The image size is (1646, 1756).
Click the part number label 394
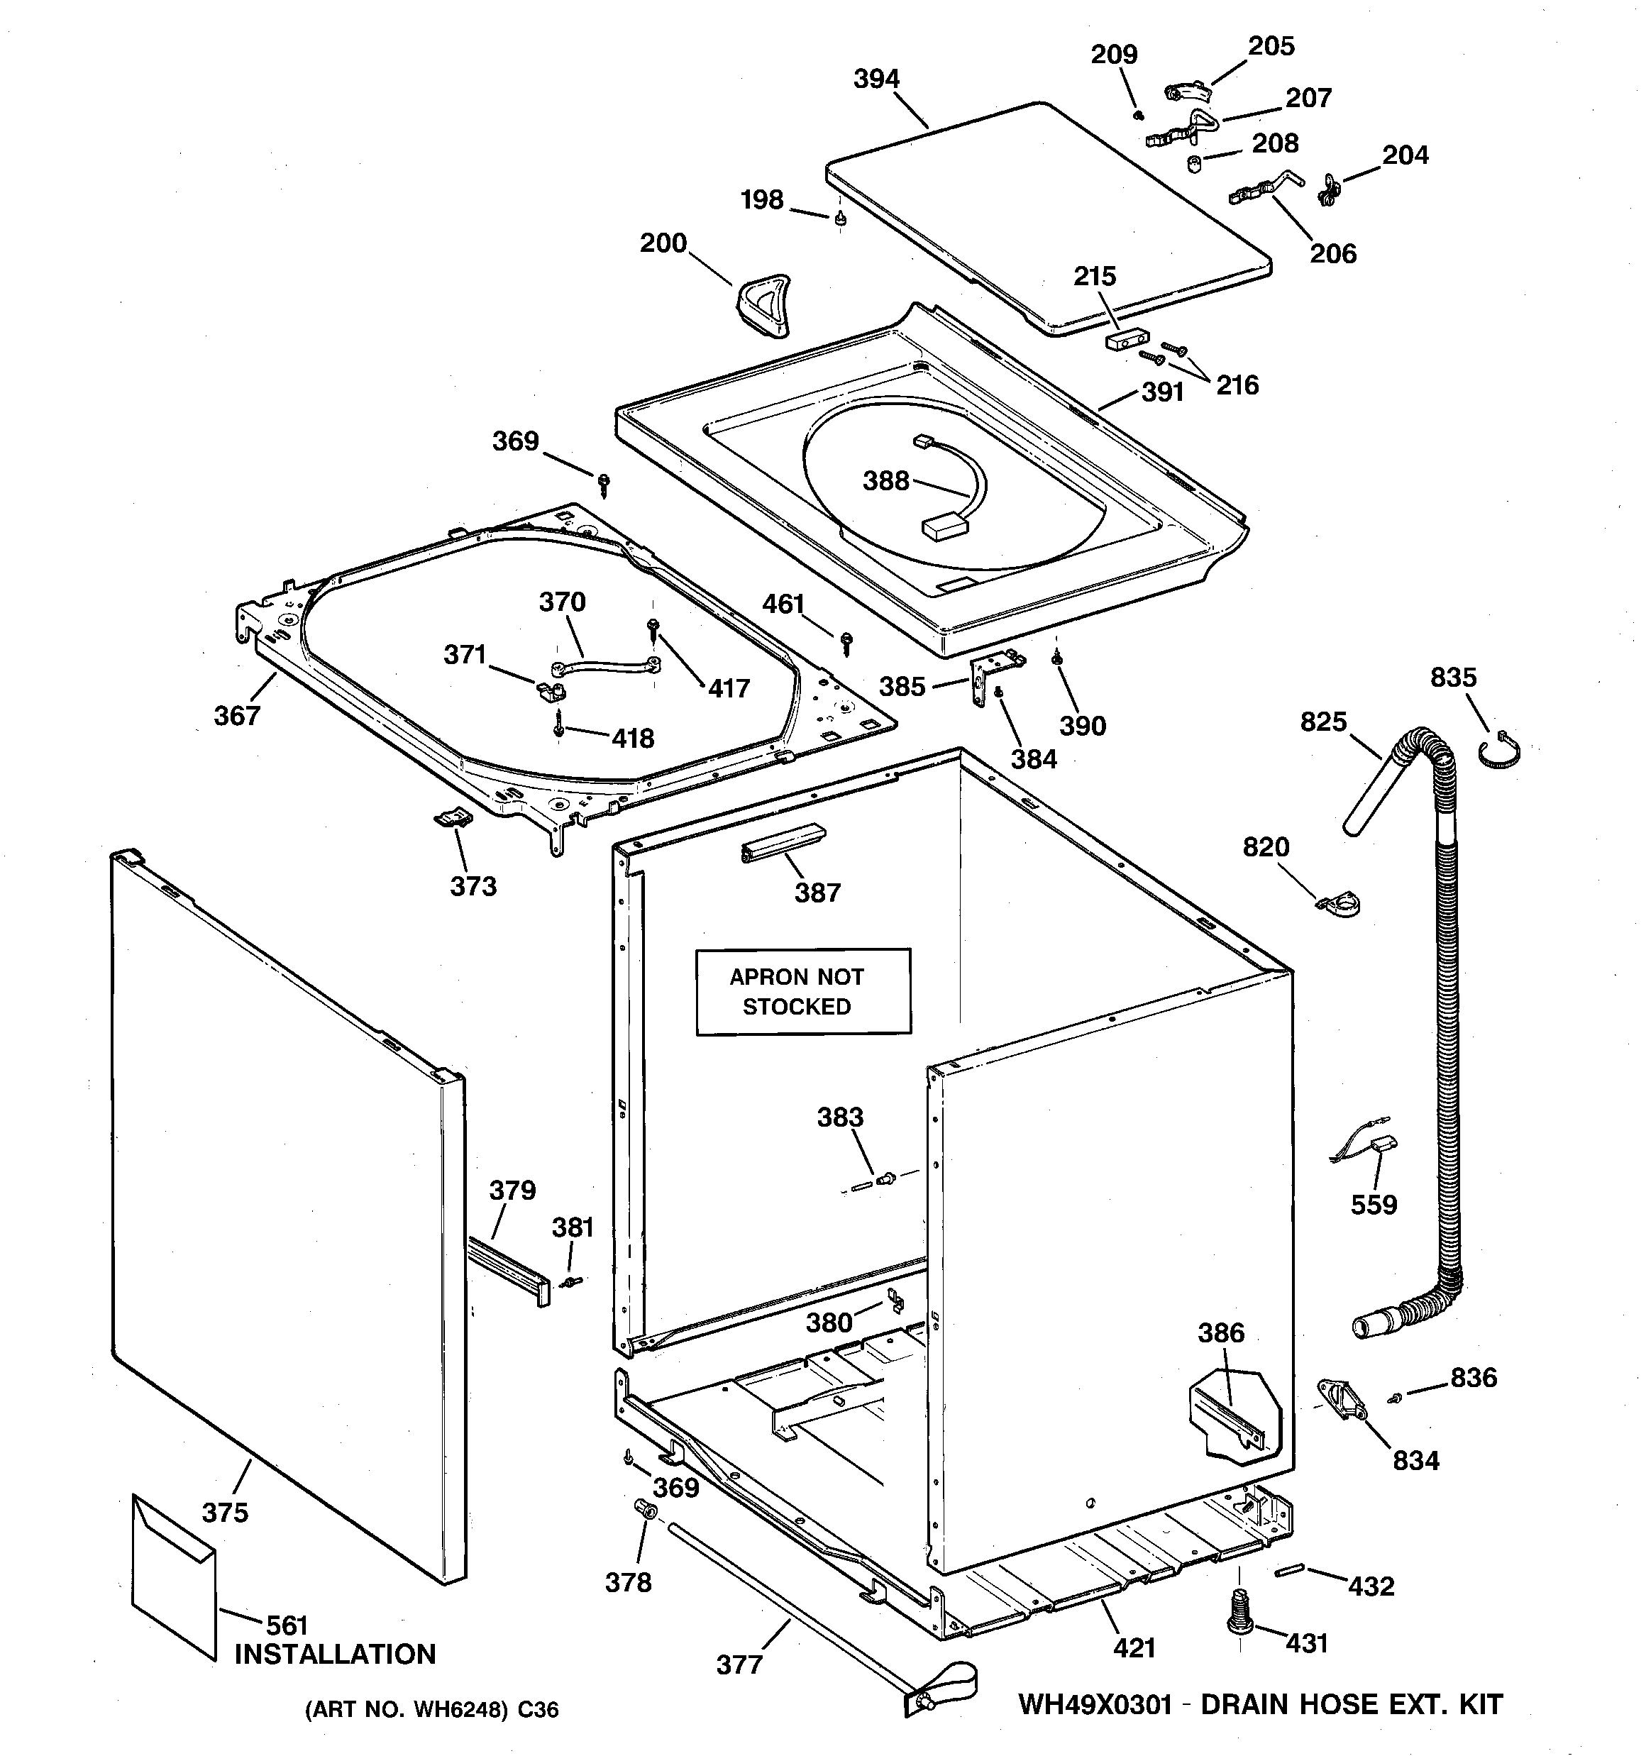(x=876, y=79)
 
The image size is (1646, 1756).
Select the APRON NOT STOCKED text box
(x=802, y=991)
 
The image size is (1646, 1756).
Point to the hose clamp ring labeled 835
(x=1499, y=751)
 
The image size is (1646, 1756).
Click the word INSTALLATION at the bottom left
(x=335, y=1654)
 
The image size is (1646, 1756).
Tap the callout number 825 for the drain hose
(x=1322, y=722)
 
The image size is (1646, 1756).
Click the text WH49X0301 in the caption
(x=1095, y=1704)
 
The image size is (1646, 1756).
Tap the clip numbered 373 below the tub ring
(x=453, y=819)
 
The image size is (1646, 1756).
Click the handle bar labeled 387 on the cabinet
(x=783, y=844)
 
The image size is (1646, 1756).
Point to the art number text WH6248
(x=453, y=1710)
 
